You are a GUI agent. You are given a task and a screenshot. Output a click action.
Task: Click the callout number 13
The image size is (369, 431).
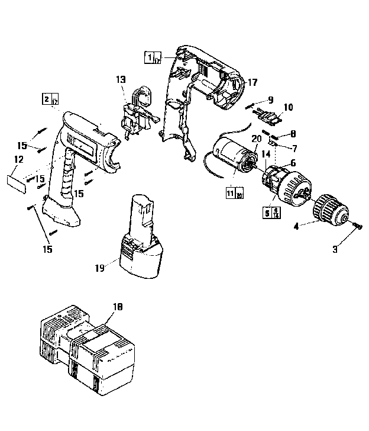[x=121, y=79]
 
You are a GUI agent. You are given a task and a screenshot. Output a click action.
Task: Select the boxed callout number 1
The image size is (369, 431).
[x=150, y=57]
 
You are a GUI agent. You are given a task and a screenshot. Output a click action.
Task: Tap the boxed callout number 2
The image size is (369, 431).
[x=46, y=99]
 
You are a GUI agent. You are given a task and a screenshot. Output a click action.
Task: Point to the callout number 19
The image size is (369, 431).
[x=99, y=267]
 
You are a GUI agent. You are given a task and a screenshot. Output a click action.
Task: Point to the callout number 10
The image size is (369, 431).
[x=288, y=107]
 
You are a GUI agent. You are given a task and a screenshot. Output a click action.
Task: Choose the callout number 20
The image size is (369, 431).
[x=255, y=138]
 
